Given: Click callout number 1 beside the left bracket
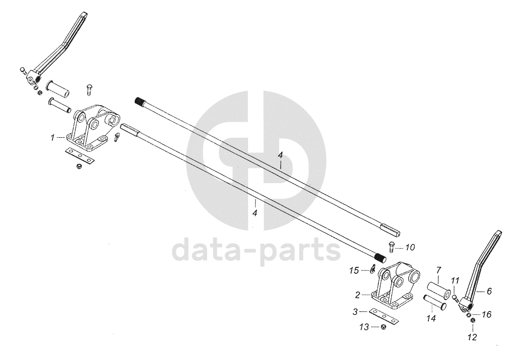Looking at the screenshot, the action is point(52,137).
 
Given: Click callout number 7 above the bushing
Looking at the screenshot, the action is point(438,270).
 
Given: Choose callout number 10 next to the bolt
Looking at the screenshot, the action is point(410,247).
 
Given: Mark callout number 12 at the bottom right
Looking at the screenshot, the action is point(472,337).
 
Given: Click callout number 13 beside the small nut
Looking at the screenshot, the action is point(364,327).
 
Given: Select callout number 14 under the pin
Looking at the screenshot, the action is point(431,318).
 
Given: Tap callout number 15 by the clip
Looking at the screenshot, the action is point(354,270).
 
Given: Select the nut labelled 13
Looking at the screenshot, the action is point(383,327).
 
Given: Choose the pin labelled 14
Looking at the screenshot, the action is point(434,303).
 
